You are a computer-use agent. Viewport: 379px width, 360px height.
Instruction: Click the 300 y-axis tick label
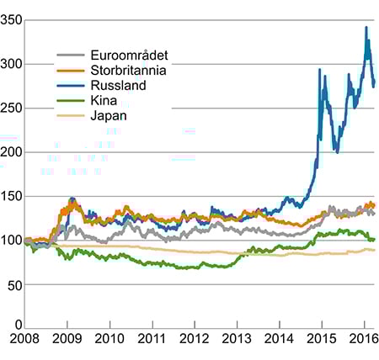(x=12, y=64)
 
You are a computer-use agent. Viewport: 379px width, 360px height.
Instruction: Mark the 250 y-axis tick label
(x=12, y=108)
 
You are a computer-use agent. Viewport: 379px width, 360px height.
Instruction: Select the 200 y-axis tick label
(x=12, y=152)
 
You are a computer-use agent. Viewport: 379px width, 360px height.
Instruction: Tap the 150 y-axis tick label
(x=12, y=196)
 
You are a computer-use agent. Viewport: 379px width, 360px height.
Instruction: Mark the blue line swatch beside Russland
(x=69, y=86)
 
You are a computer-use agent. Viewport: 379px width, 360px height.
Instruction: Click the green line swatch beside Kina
(x=69, y=101)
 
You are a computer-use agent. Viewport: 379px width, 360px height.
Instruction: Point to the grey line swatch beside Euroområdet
(x=69, y=56)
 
